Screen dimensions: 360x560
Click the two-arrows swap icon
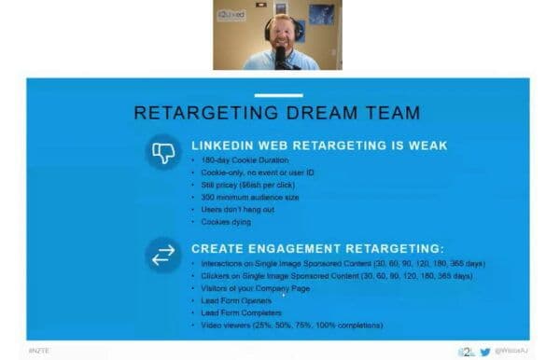tap(163, 255)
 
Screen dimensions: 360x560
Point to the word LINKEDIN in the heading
tap(224, 145)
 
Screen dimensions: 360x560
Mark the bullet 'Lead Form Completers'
tap(241, 312)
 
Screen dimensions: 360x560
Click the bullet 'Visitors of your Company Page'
tap(256, 288)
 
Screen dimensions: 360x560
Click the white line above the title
tap(278, 95)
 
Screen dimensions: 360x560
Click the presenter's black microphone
tap(279, 56)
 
